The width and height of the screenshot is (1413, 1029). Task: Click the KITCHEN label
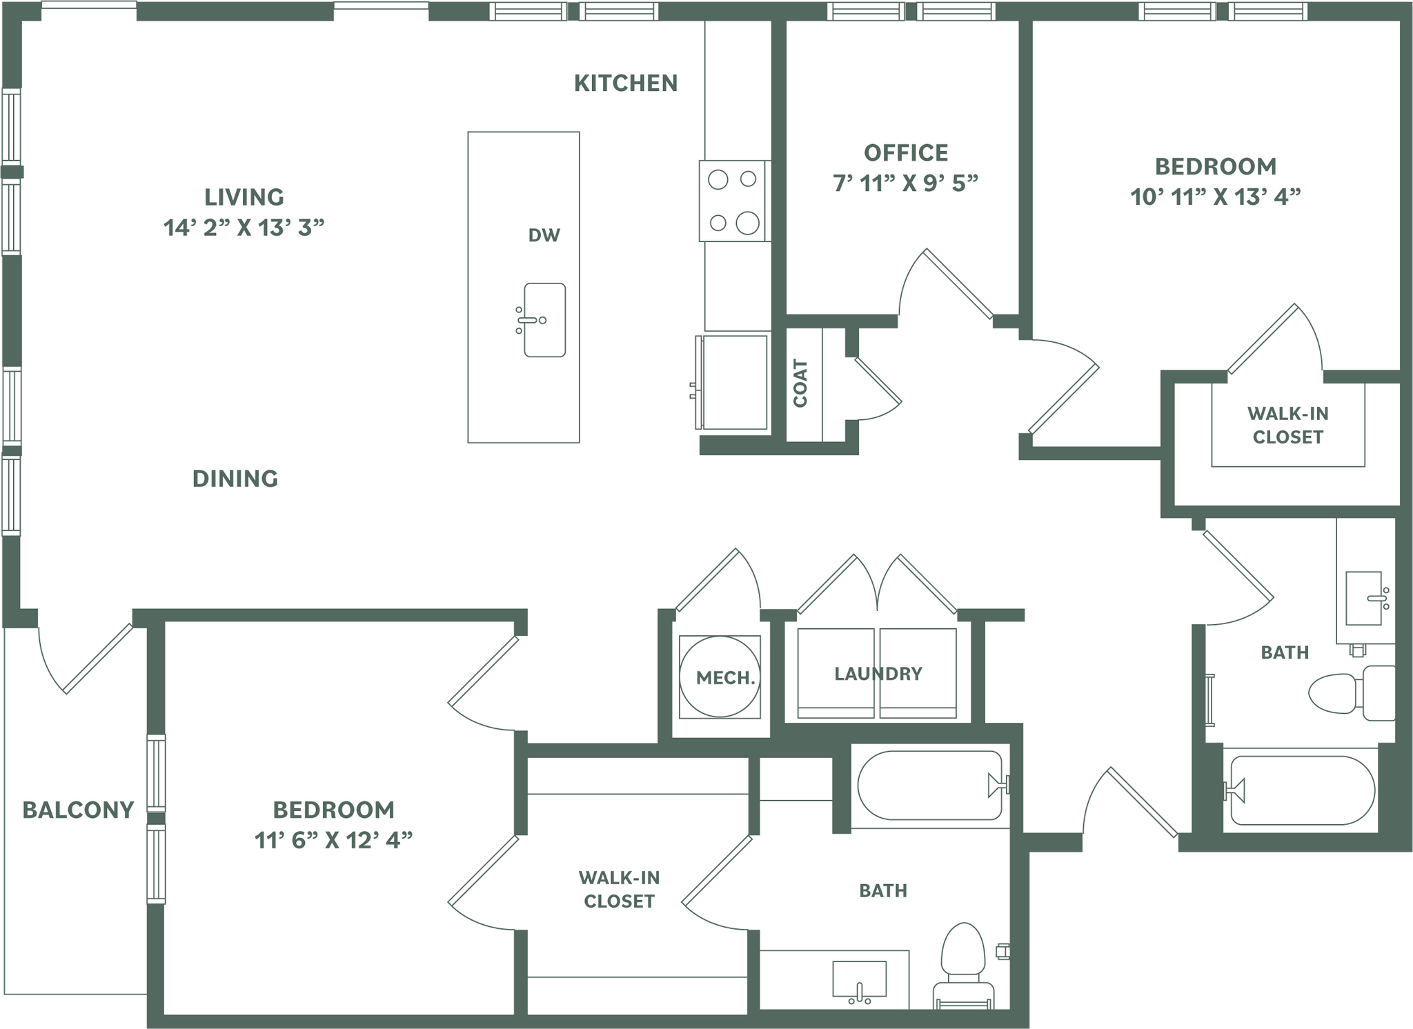click(x=625, y=83)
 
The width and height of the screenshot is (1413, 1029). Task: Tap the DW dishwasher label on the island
click(x=544, y=236)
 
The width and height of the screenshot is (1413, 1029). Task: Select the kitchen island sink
click(x=544, y=320)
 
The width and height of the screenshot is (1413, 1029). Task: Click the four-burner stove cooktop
click(x=734, y=201)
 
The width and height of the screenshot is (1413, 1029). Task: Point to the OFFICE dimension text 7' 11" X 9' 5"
click(x=905, y=183)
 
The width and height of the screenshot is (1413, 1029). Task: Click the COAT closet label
click(x=800, y=383)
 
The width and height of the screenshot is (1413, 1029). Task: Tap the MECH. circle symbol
click(x=720, y=677)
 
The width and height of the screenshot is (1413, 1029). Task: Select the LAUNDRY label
click(x=878, y=674)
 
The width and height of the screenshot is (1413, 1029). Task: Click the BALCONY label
click(x=78, y=810)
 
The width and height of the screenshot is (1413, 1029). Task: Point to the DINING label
click(x=235, y=479)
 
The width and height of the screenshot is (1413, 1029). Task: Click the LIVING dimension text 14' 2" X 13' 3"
click(x=244, y=228)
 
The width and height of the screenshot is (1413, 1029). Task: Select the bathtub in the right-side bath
click(x=1301, y=790)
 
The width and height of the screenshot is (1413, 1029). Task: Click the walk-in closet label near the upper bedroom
click(x=1287, y=426)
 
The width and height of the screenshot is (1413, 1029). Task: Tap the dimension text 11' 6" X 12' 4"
click(x=333, y=840)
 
